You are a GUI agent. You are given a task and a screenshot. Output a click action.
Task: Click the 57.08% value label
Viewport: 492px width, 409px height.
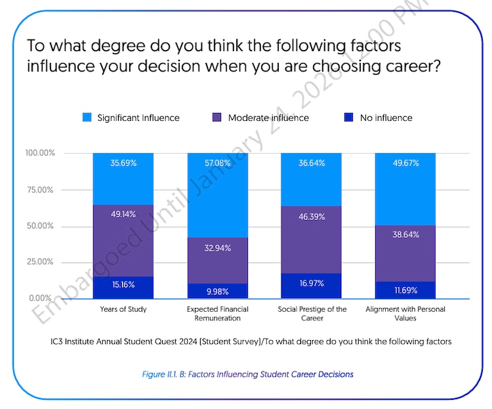[217, 162]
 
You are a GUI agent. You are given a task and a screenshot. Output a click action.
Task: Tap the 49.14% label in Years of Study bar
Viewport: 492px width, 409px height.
[123, 213]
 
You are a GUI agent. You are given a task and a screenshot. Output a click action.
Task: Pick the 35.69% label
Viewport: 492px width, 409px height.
[123, 162]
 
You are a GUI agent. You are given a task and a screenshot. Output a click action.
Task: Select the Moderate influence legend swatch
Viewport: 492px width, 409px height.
[217, 118]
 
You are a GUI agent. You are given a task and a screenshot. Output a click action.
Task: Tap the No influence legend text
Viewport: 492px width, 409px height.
[386, 118]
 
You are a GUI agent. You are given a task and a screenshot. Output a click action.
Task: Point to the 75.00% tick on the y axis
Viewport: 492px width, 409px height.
[40, 190]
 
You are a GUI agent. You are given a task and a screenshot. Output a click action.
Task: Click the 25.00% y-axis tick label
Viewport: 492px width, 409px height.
[40, 261]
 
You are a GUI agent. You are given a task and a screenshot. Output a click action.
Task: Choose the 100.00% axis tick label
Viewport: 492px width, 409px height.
[40, 153]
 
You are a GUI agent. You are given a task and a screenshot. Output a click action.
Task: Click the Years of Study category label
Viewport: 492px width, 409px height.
[123, 309]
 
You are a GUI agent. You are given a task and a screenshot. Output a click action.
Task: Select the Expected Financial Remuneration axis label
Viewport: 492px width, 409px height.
[217, 313]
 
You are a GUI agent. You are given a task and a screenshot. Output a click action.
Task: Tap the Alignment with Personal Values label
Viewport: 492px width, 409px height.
[405, 313]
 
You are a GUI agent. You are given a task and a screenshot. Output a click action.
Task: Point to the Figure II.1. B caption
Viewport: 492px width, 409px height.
[247, 374]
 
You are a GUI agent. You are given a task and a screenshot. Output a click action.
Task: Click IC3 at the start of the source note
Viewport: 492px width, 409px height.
[58, 341]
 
